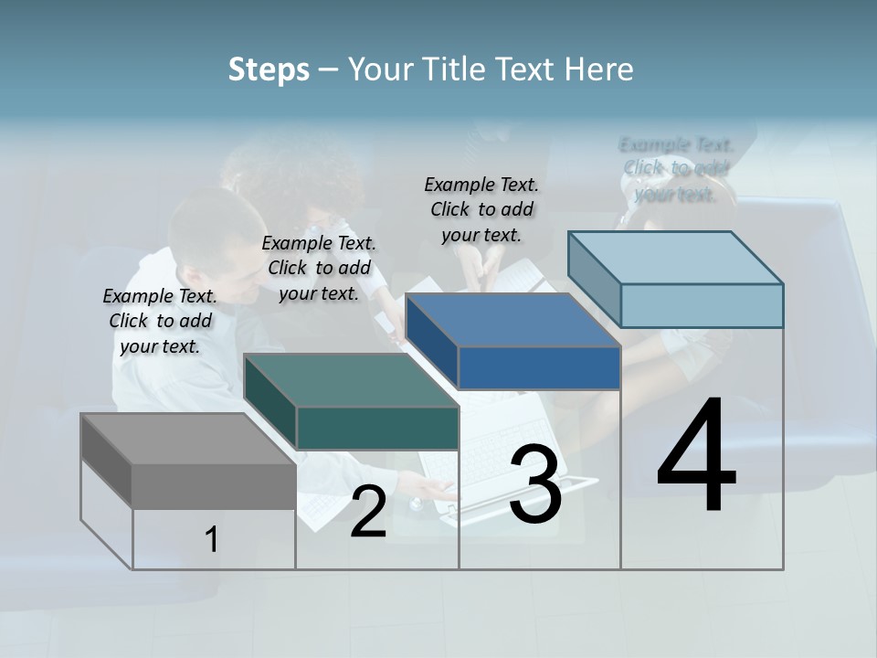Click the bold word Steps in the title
[x=269, y=69]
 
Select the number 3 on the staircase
[x=535, y=484]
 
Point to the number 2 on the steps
[x=368, y=512]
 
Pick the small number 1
[x=212, y=539]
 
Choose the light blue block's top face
[x=676, y=258]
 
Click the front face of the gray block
[x=214, y=485]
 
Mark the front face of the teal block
[x=377, y=428]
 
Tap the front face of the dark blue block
[x=539, y=367]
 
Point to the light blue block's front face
[x=702, y=305]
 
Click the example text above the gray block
[x=161, y=321]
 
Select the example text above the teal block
[x=319, y=268]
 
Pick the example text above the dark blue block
[x=481, y=209]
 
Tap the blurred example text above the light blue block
[x=676, y=169]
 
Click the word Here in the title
[x=602, y=69]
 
